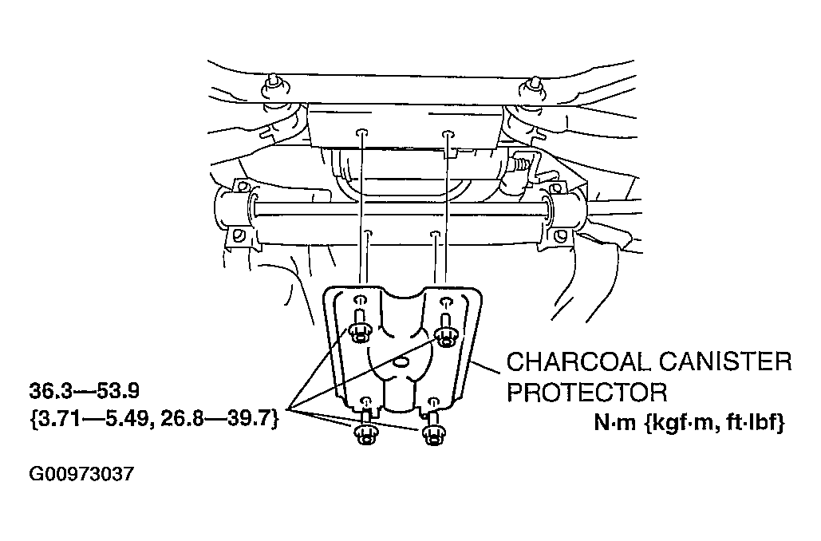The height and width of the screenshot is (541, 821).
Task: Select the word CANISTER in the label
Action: [x=724, y=362]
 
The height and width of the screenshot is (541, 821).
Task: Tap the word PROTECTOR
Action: [x=587, y=392]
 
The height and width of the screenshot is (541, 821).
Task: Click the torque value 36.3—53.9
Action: [x=85, y=390]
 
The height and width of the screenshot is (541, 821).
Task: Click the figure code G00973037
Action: [x=81, y=474]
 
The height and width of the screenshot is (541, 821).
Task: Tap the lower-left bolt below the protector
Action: [x=365, y=429]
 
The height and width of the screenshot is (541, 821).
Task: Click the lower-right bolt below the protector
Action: [x=432, y=429]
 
